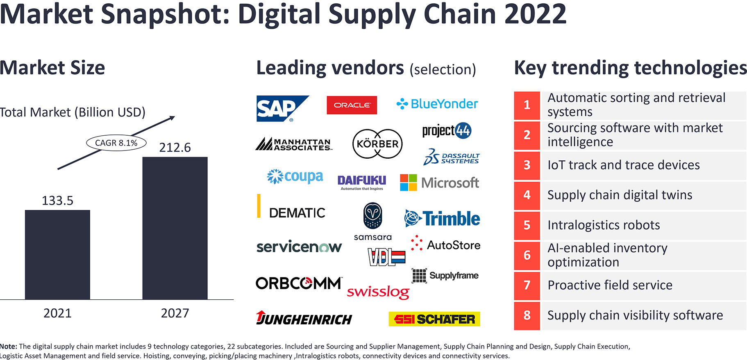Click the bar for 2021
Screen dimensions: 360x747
57,255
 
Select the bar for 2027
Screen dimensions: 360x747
175,228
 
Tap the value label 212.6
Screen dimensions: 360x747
175,148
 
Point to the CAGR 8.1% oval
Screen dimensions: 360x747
116,143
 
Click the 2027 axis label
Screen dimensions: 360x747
175,313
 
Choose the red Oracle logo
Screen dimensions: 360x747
352,105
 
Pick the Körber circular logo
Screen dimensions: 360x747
377,144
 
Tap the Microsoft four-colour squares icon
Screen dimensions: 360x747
409,182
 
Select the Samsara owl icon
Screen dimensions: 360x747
372,216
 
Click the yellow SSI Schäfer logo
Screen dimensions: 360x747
434,319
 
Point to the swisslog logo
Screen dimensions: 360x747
378,292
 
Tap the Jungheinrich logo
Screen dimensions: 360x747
304,318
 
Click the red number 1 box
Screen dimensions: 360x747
527,105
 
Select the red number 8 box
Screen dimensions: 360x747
527,315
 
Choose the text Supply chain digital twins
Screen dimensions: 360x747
620,195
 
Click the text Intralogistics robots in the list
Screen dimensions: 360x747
604,225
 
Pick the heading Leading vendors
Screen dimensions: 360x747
330,68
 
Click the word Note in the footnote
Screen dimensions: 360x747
8,346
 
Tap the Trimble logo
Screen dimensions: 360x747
442,219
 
